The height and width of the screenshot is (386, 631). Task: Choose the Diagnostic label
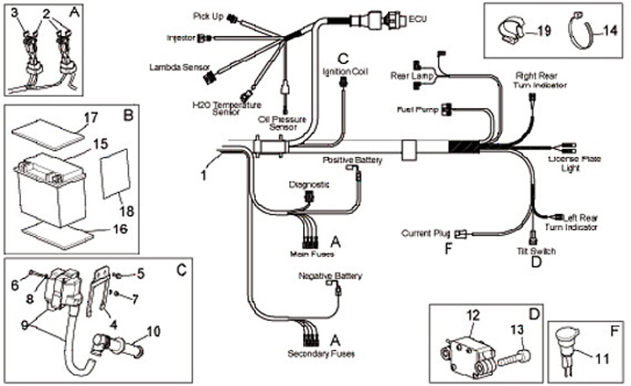tap(308, 185)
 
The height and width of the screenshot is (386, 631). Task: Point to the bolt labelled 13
tap(514, 357)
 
